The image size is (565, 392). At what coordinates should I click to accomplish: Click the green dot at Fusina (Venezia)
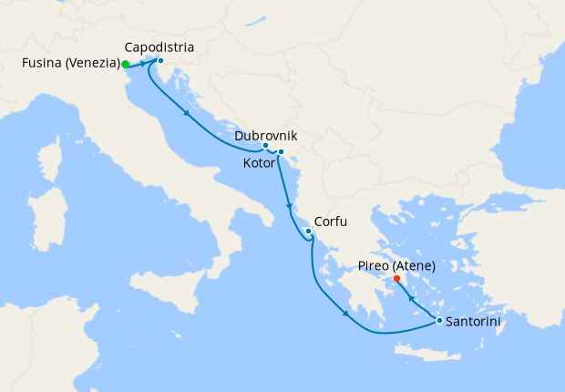pyautogui.click(x=125, y=65)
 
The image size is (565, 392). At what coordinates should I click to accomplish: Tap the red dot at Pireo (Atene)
pyautogui.click(x=396, y=279)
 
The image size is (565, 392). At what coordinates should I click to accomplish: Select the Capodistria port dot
pyautogui.click(x=160, y=61)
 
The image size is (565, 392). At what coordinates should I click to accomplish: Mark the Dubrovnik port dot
pyautogui.click(x=265, y=146)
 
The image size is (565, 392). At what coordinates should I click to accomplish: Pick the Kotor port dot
pyautogui.click(x=281, y=151)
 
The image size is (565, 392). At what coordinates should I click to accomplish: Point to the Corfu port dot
pyautogui.click(x=309, y=232)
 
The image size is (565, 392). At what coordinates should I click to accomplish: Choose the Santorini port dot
pyautogui.click(x=439, y=320)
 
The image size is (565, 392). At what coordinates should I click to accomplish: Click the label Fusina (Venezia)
pyautogui.click(x=69, y=64)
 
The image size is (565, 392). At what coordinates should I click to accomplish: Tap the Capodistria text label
pyautogui.click(x=159, y=46)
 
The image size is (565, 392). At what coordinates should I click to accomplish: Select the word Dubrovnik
pyautogui.click(x=266, y=135)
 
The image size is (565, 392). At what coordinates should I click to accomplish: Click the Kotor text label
pyautogui.click(x=261, y=163)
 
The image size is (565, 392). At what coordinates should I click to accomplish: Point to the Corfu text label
pyautogui.click(x=331, y=222)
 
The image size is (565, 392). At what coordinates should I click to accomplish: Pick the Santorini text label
pyautogui.click(x=475, y=321)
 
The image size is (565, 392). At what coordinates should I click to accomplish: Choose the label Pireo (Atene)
pyautogui.click(x=396, y=265)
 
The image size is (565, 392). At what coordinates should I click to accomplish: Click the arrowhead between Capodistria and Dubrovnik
pyautogui.click(x=188, y=115)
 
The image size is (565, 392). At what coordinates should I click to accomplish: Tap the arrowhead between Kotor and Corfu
pyautogui.click(x=289, y=205)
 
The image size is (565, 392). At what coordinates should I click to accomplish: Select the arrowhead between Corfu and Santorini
pyautogui.click(x=345, y=315)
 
